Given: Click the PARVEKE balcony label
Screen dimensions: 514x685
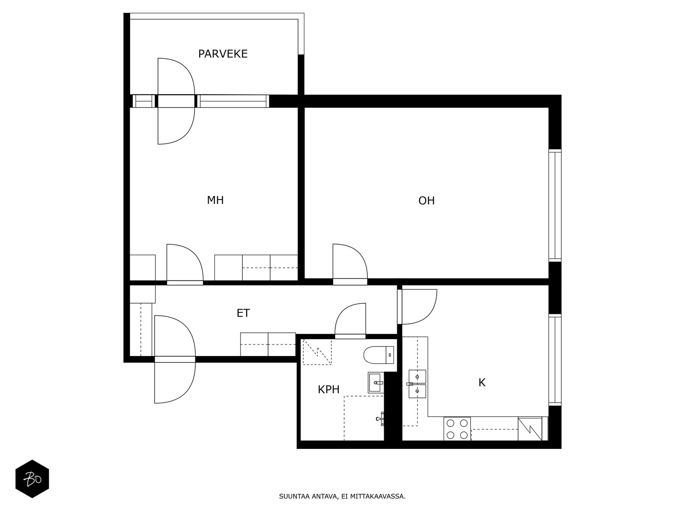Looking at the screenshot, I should [x=223, y=54].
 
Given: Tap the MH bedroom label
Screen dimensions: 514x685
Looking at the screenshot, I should [x=215, y=200].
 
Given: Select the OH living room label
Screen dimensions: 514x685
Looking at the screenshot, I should [x=426, y=200].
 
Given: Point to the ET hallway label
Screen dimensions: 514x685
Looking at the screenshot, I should [x=243, y=313].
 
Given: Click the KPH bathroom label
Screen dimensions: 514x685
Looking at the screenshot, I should [x=328, y=389].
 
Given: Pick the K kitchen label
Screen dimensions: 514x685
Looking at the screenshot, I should [x=482, y=383].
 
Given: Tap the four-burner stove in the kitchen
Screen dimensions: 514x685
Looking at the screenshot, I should [x=457, y=429].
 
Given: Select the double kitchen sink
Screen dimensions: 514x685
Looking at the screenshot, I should [x=417, y=384].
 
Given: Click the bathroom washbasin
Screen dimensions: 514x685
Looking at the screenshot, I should [x=375, y=382].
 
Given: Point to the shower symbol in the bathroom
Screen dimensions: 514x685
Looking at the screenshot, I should [x=317, y=352].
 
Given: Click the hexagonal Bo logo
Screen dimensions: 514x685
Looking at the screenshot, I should [x=32, y=478].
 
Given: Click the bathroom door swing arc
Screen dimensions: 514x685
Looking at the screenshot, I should [x=350, y=320].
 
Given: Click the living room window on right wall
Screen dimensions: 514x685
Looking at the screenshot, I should [x=555, y=205].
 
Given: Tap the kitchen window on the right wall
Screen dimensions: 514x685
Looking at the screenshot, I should [x=555, y=360].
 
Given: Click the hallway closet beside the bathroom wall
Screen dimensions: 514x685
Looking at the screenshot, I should [x=268, y=344].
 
